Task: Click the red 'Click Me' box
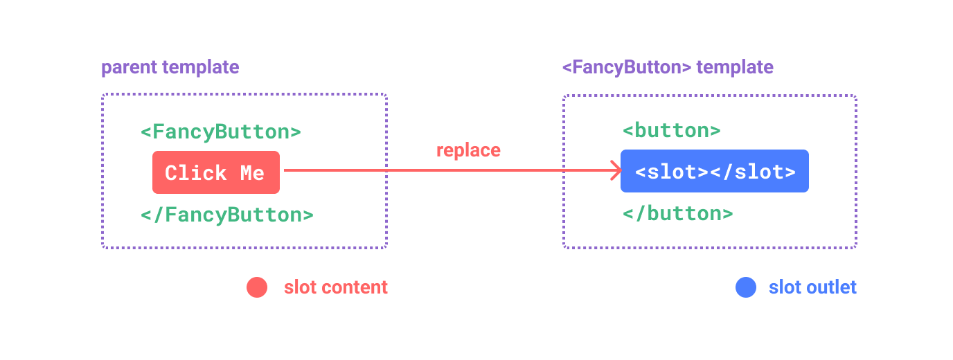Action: pos(216,172)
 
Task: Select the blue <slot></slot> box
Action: pos(714,171)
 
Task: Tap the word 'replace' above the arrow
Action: pos(468,150)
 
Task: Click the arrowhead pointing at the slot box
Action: pos(615,170)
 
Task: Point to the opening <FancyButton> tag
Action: pos(220,132)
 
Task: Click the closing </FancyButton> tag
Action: pos(226,215)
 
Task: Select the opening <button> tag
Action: pos(671,130)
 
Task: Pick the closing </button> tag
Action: pos(677,213)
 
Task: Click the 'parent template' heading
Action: pos(170,67)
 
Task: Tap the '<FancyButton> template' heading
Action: pos(667,67)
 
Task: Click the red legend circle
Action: pos(257,287)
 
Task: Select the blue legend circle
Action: pos(746,287)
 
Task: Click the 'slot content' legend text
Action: pos(336,287)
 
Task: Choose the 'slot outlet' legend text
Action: pos(812,287)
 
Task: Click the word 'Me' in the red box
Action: pos(252,173)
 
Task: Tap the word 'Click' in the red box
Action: pos(196,173)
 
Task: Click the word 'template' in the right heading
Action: pos(735,67)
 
